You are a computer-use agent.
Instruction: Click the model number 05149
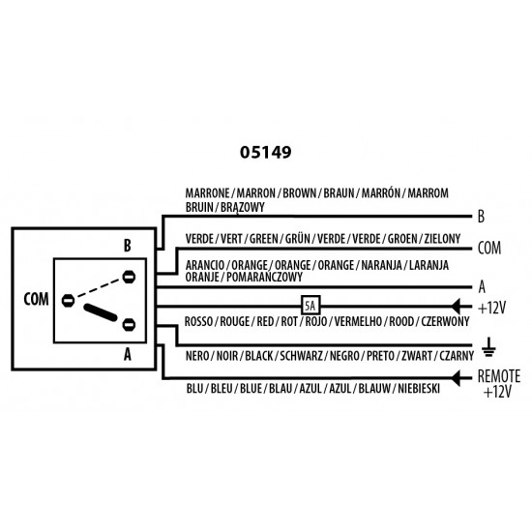(x=265, y=152)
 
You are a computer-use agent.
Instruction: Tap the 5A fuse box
(x=310, y=306)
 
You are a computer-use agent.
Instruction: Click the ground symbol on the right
(x=488, y=347)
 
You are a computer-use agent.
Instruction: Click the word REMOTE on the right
(x=499, y=376)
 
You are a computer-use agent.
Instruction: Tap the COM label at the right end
(x=489, y=248)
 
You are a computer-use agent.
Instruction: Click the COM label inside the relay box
(x=36, y=299)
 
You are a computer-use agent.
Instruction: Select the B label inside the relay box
(x=128, y=246)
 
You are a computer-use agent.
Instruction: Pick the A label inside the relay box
(x=128, y=355)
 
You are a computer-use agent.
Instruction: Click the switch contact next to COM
(x=68, y=300)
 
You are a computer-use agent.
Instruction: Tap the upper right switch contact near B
(x=129, y=277)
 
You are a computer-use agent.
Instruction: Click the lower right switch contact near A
(x=129, y=325)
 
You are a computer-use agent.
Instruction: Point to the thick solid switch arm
(x=101, y=312)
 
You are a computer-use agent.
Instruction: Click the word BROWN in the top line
(x=299, y=193)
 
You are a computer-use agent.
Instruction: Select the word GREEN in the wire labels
(x=264, y=239)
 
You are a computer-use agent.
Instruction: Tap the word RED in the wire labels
(x=265, y=321)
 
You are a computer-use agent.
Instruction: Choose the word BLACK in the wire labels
(x=259, y=356)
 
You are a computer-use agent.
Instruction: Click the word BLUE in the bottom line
(x=251, y=389)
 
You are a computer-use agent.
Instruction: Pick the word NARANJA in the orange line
(x=381, y=265)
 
